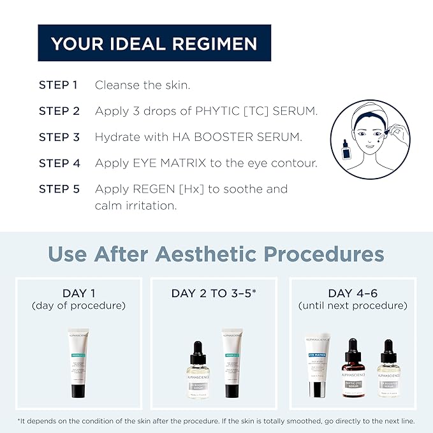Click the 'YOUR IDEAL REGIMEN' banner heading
pyautogui.click(x=154, y=43)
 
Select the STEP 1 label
pyautogui.click(x=59, y=85)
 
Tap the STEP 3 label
pyautogui.click(x=59, y=137)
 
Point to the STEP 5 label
pyautogui.click(x=59, y=189)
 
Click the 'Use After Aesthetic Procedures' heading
pyautogui.click(x=216, y=254)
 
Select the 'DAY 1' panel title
pyautogui.click(x=79, y=293)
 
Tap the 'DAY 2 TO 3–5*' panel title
pyautogui.click(x=214, y=293)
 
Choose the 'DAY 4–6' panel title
pyautogui.click(x=353, y=293)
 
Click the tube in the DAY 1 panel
pyautogui.click(x=79, y=362)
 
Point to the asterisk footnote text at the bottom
pyautogui.click(x=216, y=421)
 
